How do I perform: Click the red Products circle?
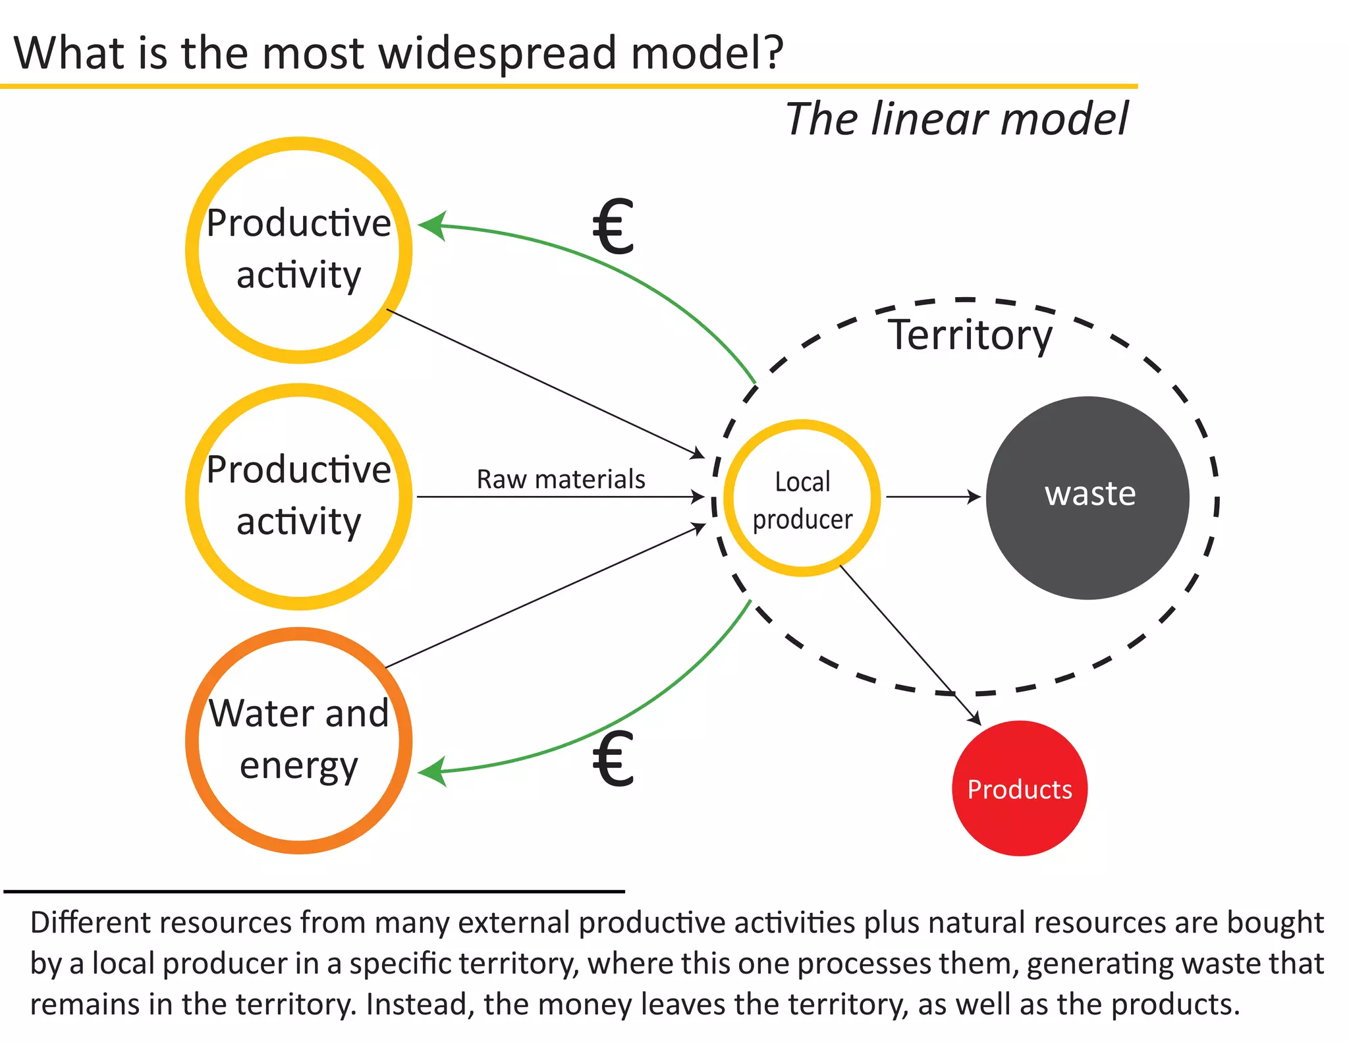coord(1019,788)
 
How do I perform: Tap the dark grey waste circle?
coord(1087,497)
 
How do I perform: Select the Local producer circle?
coord(802,498)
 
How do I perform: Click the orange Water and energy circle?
coord(298,740)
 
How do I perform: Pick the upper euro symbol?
coord(613,227)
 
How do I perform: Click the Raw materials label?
coord(561,479)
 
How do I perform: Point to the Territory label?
coord(970,335)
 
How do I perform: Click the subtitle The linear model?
coord(956,119)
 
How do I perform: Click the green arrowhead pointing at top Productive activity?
coord(431,225)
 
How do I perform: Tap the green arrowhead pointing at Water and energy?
coord(431,771)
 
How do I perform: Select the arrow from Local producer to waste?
coord(932,497)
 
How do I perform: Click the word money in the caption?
coord(587,1004)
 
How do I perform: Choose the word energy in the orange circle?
coord(298,765)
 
